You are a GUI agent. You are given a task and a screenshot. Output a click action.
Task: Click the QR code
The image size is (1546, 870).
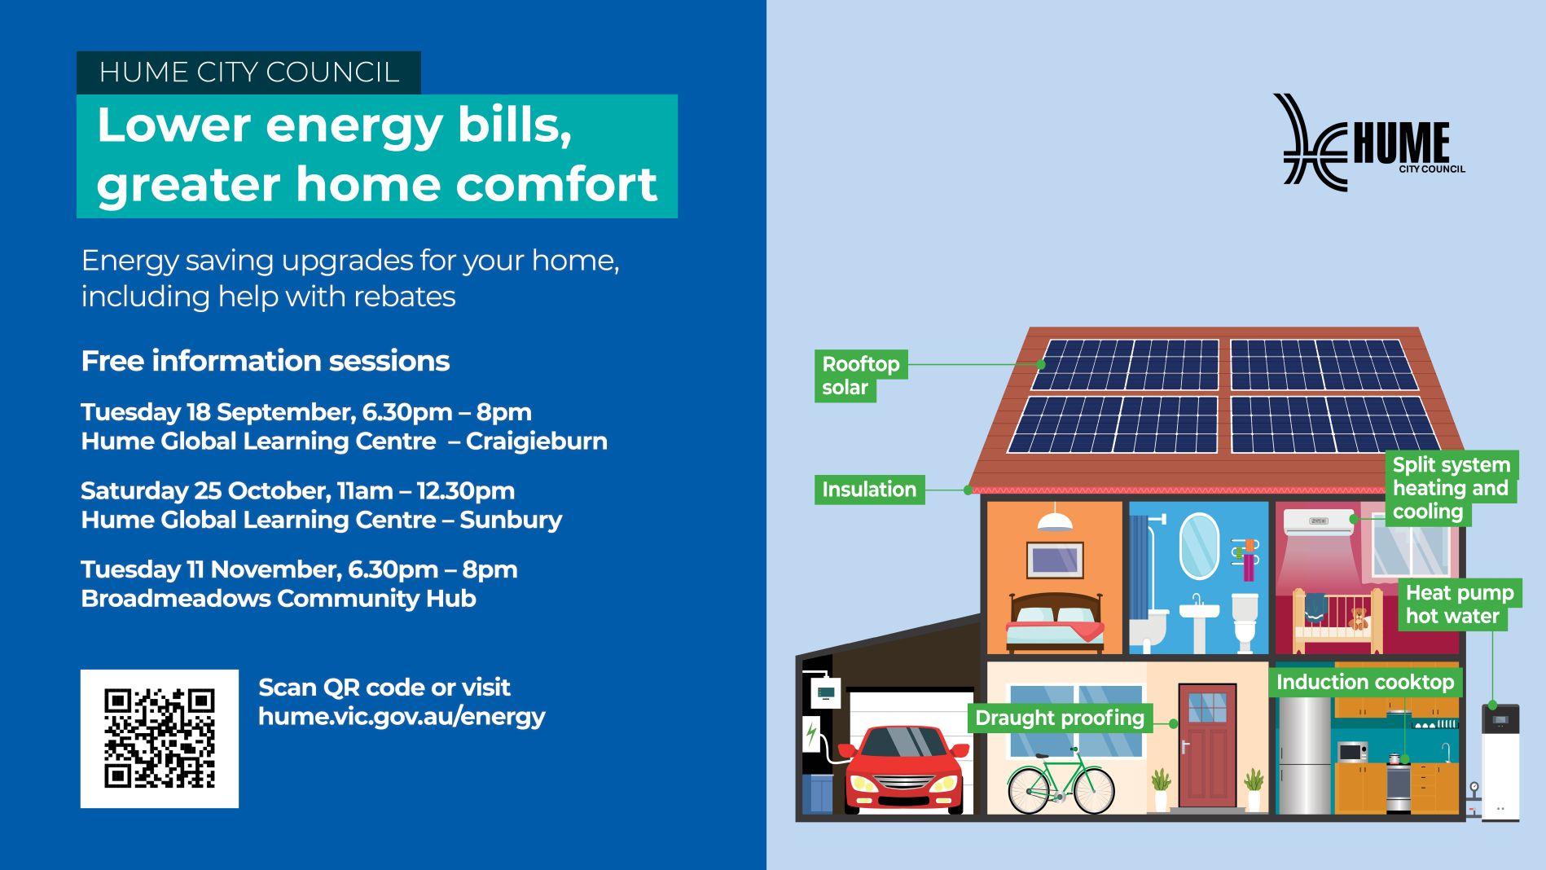point(160,738)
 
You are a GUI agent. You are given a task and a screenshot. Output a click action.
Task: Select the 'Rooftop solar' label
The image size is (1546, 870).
point(860,376)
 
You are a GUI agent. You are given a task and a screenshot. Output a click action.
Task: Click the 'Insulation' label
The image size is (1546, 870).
point(869,490)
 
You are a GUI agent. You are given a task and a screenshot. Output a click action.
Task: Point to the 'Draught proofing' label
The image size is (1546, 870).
point(1060,718)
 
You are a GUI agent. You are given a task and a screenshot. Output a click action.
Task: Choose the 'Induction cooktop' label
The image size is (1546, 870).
point(1364,682)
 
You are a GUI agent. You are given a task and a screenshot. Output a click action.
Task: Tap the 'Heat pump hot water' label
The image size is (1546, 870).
point(1459,604)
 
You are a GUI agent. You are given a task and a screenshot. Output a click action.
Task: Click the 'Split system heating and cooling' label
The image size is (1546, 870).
point(1451,488)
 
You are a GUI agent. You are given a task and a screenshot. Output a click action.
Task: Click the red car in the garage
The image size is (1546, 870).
point(904,769)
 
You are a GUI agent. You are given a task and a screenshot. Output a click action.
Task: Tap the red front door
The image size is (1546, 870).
point(1207,746)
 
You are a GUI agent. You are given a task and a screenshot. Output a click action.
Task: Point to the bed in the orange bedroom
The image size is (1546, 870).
point(1055,622)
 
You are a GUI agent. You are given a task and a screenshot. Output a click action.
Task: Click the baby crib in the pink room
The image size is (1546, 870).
point(1337,622)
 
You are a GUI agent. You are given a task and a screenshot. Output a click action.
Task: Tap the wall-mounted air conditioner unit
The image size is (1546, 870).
point(1319,522)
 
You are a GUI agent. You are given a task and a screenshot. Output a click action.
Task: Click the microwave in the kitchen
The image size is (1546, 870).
point(1352,752)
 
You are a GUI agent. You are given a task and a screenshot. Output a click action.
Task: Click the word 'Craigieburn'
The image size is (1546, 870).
point(537,442)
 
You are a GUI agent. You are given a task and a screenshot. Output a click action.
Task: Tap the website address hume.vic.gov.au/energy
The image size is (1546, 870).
point(402,716)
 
